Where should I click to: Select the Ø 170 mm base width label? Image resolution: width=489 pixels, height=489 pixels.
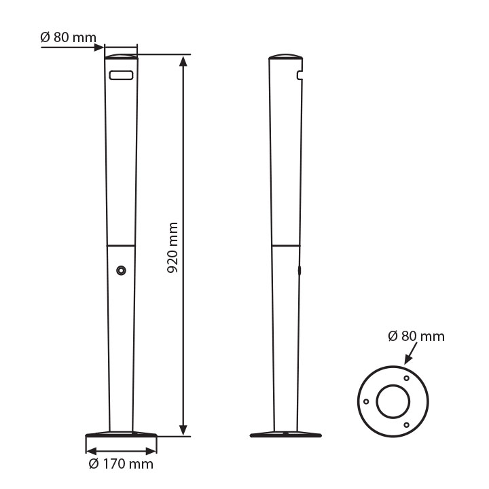(x=121, y=465)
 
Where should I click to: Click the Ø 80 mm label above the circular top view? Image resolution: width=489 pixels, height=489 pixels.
(x=416, y=336)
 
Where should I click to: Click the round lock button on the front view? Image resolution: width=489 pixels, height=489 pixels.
(x=121, y=271)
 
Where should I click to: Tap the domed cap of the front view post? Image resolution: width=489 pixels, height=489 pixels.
(x=121, y=56)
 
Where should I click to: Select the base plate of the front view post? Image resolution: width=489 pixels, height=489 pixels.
(x=121, y=435)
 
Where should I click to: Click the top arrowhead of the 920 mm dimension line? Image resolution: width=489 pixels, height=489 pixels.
(x=183, y=61)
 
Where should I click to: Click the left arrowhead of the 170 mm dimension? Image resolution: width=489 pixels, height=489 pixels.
(x=90, y=450)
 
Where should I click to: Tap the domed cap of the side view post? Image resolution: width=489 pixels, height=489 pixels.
(x=284, y=56)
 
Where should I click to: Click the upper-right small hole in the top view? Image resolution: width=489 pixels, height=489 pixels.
(x=406, y=378)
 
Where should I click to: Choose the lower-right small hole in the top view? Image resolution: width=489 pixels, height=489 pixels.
(x=406, y=425)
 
